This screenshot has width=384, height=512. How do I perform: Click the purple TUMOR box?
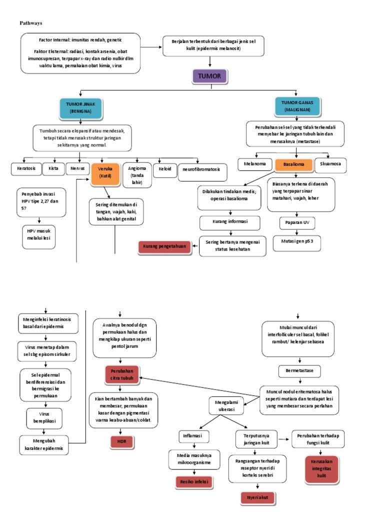point(209,76)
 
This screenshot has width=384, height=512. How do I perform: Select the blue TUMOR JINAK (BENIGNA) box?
point(80,108)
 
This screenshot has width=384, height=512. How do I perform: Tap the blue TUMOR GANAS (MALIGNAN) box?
point(297,106)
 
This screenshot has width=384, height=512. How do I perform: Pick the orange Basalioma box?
point(293,164)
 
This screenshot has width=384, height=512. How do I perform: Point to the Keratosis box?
point(26,169)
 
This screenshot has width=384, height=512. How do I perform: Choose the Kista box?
point(53,169)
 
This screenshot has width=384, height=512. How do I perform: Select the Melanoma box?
point(254,164)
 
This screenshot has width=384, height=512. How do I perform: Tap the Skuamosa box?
point(330,164)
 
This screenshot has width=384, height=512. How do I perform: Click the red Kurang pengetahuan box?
point(164,246)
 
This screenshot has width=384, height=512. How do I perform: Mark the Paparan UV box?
point(297,222)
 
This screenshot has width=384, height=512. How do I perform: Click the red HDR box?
point(122,442)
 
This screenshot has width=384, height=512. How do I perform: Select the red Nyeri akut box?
point(257,498)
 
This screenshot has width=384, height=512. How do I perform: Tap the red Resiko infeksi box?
point(194,482)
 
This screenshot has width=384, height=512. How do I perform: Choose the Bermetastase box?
point(299,371)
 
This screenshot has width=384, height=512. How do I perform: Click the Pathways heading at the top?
point(31,23)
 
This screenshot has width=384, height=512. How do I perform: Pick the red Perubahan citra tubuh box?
point(122,374)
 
